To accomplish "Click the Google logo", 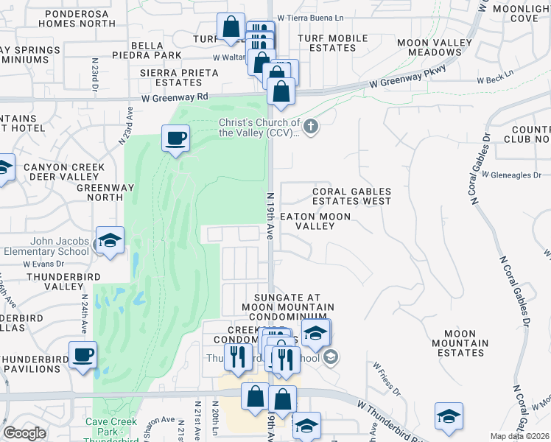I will click(x=24, y=433).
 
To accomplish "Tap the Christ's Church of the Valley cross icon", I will click(x=311, y=127).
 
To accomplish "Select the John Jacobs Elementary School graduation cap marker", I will click(x=110, y=241).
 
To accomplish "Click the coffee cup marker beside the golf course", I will click(x=175, y=138).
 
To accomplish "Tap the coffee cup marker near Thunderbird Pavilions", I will click(x=83, y=355).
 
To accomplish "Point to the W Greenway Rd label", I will click(x=175, y=97).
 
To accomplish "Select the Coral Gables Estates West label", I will click(x=351, y=196).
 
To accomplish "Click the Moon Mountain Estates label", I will click(x=464, y=343).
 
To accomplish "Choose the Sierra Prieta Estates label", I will click(x=180, y=77).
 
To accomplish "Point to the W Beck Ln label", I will click(x=494, y=80).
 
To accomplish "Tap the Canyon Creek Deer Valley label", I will click(x=63, y=172).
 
